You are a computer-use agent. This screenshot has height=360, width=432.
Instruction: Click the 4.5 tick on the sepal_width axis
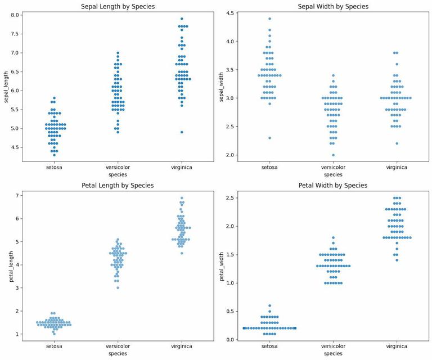(231, 12)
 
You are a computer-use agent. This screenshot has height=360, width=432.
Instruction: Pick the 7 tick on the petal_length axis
(18, 195)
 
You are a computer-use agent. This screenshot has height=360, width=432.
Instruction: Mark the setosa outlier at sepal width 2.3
(269, 138)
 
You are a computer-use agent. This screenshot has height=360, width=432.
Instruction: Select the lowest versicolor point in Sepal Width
(333, 155)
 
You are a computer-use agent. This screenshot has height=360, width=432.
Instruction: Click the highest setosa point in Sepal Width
(269, 19)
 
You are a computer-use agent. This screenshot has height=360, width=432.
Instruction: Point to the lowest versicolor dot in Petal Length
(118, 287)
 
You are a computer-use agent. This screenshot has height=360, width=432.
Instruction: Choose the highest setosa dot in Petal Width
(269, 305)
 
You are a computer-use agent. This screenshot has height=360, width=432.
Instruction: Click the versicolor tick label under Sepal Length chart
(118, 167)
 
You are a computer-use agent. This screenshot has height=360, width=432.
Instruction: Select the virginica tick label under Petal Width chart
(397, 346)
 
